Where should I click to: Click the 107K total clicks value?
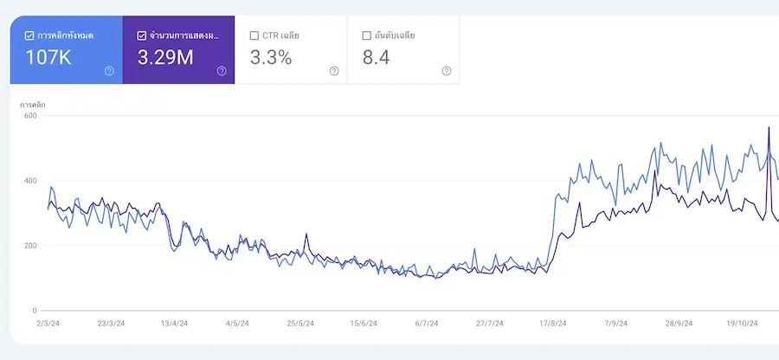tap(49, 59)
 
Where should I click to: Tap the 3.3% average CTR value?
tap(271, 59)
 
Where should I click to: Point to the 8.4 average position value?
tap(378, 59)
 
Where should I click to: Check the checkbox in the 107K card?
tap(29, 35)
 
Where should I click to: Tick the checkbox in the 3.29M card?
tap(141, 35)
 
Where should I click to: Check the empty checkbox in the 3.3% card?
tap(254, 35)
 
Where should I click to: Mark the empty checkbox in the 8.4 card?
tap(366, 35)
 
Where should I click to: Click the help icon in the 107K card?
tap(109, 71)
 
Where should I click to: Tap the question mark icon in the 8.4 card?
tap(447, 71)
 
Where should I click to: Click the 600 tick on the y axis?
tap(29, 116)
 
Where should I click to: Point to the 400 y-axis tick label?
tap(29, 181)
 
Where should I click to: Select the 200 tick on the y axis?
tap(29, 246)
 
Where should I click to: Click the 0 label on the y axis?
tap(34, 311)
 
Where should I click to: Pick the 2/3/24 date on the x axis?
tap(48, 324)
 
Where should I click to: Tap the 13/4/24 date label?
tap(175, 324)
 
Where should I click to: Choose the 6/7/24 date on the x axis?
tap(427, 324)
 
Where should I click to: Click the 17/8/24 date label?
tap(552, 324)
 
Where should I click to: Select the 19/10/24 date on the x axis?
tap(743, 324)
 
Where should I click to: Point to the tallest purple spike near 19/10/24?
tap(769, 128)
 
